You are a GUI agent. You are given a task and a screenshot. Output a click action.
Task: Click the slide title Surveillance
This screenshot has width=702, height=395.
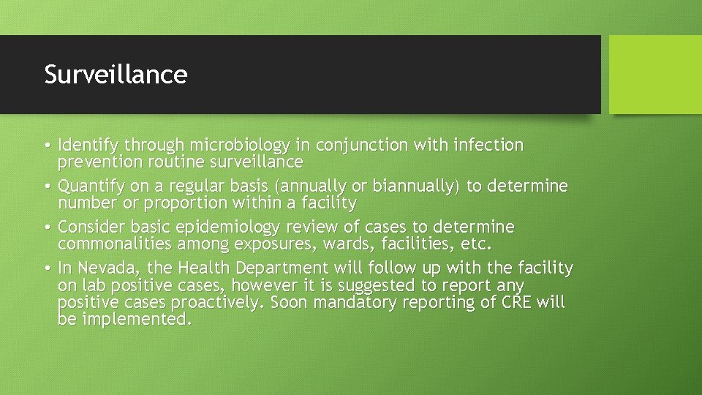click(x=116, y=74)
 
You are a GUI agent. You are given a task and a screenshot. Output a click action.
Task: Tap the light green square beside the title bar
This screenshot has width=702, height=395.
click(x=654, y=75)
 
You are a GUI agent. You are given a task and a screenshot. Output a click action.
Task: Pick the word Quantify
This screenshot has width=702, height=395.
click(x=86, y=187)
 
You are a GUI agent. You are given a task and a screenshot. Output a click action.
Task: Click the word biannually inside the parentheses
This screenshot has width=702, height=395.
click(x=415, y=187)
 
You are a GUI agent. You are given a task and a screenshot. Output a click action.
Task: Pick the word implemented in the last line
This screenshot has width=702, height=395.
click(x=137, y=319)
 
